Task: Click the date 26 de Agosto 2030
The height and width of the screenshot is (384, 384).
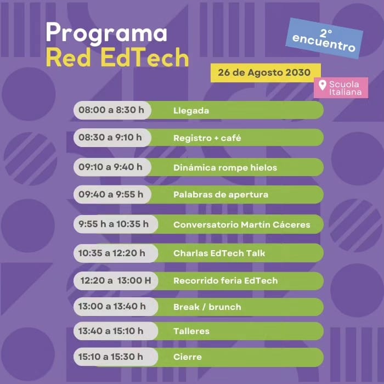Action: pyautogui.click(x=264, y=72)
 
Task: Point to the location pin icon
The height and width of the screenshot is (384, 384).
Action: pyautogui.click(x=323, y=85)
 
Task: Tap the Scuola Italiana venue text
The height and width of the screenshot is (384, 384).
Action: pyautogui.click(x=345, y=88)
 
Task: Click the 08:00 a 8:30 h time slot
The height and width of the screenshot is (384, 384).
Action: pyautogui.click(x=111, y=110)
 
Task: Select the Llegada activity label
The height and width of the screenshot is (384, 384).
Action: pyautogui.click(x=191, y=110)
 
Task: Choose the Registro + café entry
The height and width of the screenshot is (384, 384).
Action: pyautogui.click(x=207, y=138)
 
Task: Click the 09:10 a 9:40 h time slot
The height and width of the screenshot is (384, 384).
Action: pyautogui.click(x=110, y=167)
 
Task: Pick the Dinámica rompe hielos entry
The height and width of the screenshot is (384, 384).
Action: pyautogui.click(x=225, y=167)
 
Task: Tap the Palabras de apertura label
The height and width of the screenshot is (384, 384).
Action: pyautogui.click(x=221, y=194)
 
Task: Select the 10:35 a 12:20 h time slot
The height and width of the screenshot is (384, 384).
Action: pyautogui.click(x=112, y=253)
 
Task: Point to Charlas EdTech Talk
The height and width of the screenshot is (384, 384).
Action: pyautogui.click(x=219, y=253)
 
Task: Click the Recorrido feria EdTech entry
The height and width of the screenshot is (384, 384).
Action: pyautogui.click(x=225, y=280)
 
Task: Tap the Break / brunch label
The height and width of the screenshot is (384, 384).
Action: pyautogui.click(x=207, y=307)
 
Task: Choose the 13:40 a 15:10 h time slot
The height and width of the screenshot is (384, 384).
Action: pyautogui.click(x=111, y=331)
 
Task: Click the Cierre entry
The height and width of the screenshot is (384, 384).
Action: pyautogui.click(x=187, y=357)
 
